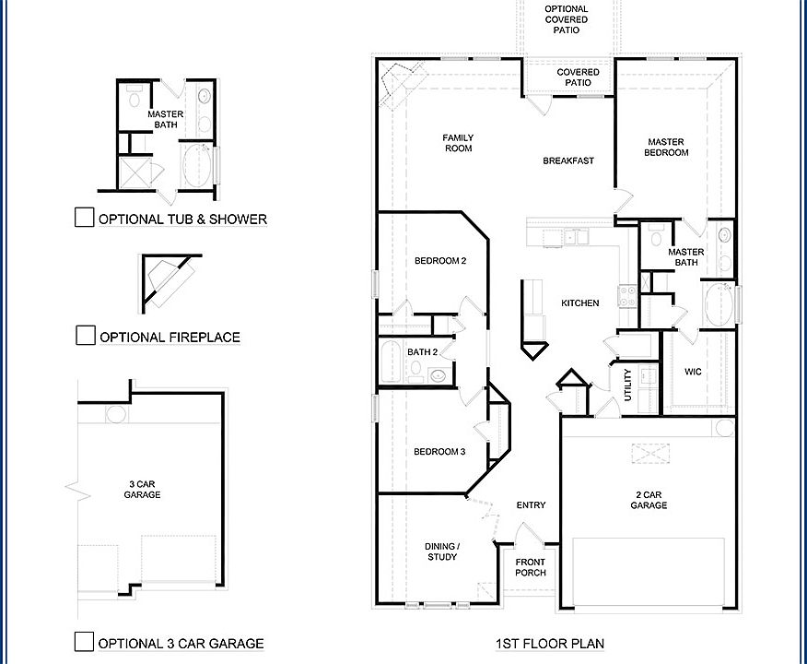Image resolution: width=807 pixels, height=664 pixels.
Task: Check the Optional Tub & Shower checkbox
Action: (x=84, y=218)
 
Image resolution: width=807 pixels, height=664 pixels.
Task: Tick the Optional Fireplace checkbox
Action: (x=85, y=336)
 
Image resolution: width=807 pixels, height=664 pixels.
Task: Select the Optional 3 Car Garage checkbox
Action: (x=84, y=642)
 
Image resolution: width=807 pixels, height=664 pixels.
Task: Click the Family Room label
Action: (x=458, y=143)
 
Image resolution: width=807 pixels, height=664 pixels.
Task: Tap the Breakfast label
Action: (x=567, y=160)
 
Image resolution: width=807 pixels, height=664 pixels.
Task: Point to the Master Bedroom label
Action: (x=666, y=148)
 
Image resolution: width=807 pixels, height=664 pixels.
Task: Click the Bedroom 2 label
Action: (x=439, y=261)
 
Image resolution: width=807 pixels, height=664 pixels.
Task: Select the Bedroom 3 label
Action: (x=439, y=452)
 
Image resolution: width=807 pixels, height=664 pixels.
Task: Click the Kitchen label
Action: (x=580, y=302)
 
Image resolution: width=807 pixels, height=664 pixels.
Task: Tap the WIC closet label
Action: (x=694, y=372)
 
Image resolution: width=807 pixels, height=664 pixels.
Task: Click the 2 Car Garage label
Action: (x=649, y=499)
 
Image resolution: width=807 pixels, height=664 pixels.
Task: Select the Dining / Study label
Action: (x=442, y=551)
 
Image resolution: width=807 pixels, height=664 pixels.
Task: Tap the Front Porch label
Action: (x=530, y=567)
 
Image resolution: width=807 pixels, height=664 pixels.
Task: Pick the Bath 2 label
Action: (x=422, y=351)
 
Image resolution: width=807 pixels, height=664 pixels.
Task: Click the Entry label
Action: (x=531, y=504)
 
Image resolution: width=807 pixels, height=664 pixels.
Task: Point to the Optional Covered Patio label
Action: (x=566, y=19)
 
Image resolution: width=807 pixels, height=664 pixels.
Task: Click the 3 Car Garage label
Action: (x=142, y=489)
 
